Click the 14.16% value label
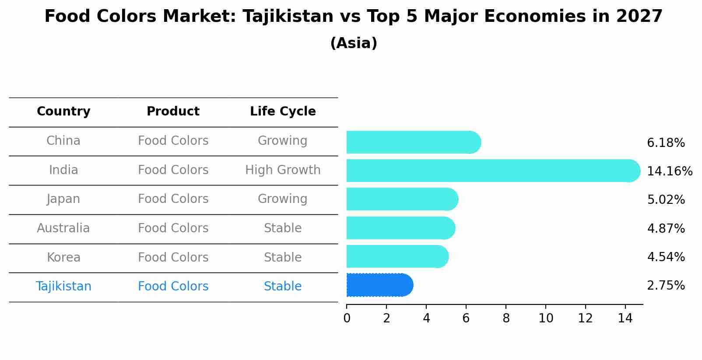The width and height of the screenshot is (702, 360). [x=669, y=171]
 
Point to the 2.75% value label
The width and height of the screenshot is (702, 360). [x=666, y=286]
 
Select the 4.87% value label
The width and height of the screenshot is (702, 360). [x=666, y=229]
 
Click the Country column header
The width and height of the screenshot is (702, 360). [x=63, y=112]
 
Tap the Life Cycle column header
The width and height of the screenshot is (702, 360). [x=283, y=112]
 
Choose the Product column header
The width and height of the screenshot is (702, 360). [x=173, y=112]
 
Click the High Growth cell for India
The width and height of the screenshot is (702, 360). [x=283, y=170]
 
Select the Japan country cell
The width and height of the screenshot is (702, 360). [x=63, y=199]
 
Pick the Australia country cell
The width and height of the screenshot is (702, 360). [x=63, y=228]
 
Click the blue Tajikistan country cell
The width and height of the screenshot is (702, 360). [x=63, y=287]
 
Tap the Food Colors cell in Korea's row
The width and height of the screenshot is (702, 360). [x=173, y=258]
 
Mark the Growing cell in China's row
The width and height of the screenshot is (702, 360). [x=283, y=141]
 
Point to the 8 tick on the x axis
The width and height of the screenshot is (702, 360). [x=506, y=318]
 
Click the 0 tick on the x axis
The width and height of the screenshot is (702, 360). [x=347, y=318]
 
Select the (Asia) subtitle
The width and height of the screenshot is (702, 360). [x=354, y=43]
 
